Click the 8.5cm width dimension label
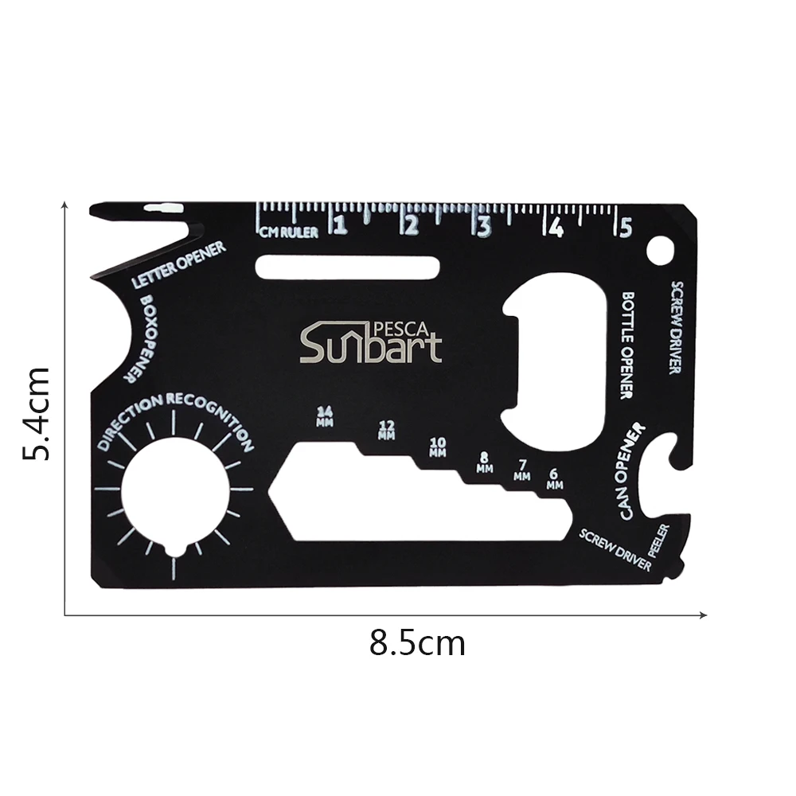pos(417,642)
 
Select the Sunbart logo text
pos(370,345)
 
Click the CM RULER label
pos(290,232)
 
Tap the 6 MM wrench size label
pos(555,478)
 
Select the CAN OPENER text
pos(634,473)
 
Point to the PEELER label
pos(661,541)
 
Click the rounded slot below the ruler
pos(347,268)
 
